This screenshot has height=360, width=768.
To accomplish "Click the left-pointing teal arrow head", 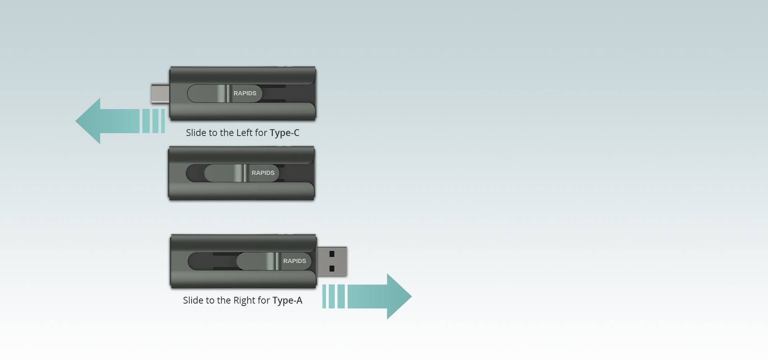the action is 88,121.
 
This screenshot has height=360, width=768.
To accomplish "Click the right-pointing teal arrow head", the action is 399,296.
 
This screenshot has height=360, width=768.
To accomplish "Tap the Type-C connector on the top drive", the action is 160,93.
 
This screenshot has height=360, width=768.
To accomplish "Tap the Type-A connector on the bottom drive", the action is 332,261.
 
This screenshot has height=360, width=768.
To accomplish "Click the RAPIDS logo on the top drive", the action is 245,93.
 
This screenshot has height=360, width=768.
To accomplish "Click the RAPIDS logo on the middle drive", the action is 263,173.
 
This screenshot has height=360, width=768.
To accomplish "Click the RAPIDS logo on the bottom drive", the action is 294,261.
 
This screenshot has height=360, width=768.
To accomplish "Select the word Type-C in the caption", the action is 284,133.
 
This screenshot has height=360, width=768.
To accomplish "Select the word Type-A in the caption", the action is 287,300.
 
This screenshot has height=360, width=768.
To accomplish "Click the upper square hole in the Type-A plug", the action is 332,254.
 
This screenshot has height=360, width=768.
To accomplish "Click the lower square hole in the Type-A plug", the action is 332,268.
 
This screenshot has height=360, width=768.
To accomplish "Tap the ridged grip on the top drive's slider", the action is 224,93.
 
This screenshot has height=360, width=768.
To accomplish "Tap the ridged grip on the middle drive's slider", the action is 241,173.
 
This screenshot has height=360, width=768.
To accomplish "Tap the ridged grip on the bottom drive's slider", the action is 273,261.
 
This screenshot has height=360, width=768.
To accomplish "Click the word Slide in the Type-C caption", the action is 196,132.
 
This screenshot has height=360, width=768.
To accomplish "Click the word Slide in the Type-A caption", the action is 193,300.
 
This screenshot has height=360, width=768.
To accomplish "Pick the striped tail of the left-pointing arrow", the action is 154,121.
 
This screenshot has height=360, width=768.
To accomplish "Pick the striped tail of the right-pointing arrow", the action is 334,296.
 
